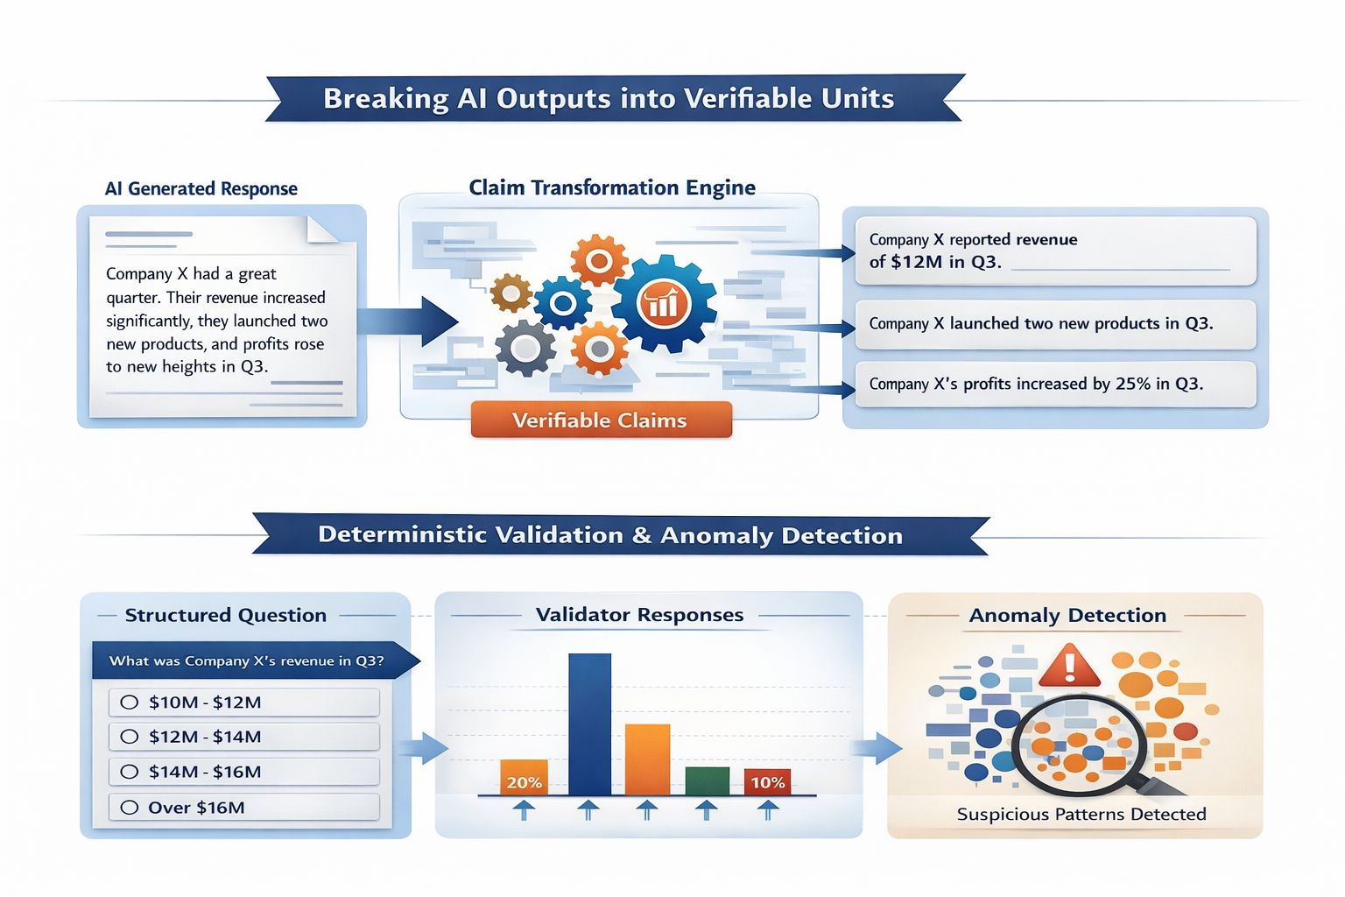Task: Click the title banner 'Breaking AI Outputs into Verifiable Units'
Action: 609,98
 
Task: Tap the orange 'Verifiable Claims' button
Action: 601,420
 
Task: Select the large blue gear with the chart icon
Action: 663,303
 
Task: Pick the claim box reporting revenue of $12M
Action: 1055,251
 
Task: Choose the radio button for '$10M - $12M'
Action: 130,703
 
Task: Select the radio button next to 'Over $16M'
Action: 130,808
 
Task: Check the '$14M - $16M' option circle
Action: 130,772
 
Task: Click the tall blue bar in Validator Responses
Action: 589,724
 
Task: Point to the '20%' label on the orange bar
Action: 524,782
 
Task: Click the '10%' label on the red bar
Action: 767,782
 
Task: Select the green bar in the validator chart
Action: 707,780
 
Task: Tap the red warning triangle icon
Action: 1069,666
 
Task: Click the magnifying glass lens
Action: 1077,745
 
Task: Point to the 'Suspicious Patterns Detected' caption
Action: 1081,815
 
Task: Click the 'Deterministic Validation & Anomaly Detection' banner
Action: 610,535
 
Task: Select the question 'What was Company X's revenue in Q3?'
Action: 247,660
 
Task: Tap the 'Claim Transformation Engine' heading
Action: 612,187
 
